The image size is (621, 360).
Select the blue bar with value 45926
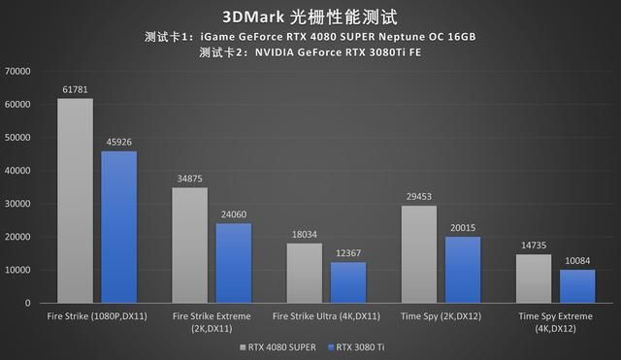coord(119,227)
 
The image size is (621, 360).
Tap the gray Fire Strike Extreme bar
coord(189,245)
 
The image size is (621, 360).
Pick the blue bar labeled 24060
coord(234,263)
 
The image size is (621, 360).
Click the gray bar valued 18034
coord(304,273)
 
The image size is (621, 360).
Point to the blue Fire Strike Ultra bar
coord(348,282)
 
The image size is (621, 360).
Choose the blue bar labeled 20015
coord(463,270)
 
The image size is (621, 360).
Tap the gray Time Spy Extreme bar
coord(533,278)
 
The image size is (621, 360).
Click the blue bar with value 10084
coord(577,286)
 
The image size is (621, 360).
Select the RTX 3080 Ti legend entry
coord(356,345)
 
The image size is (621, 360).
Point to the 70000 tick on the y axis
coord(18,71)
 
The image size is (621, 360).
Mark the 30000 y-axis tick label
coord(18,204)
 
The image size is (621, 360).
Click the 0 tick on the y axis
coord(29,304)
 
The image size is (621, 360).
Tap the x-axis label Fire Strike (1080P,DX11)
coord(97,316)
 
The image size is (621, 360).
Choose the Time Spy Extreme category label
coord(555,322)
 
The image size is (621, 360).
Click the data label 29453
coord(418,197)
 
